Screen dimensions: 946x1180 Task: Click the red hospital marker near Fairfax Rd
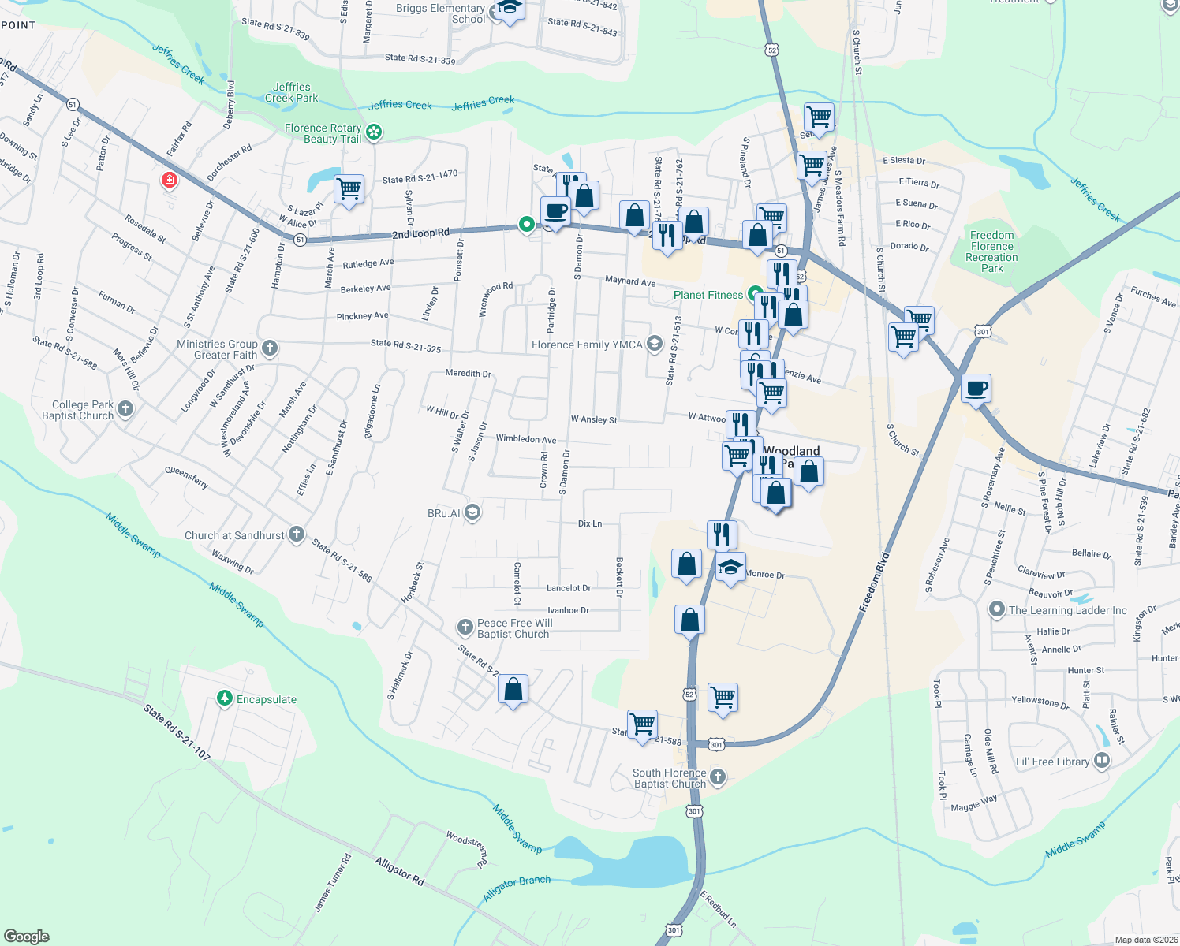(x=169, y=181)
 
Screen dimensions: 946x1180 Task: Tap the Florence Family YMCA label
(x=586, y=345)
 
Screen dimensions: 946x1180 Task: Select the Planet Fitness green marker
(x=756, y=294)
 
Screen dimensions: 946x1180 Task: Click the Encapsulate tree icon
(x=225, y=698)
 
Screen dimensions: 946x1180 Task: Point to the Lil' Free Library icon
(x=1102, y=761)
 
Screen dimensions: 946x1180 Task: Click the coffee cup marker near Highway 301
(x=976, y=389)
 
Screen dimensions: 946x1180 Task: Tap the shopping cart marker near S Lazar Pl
(x=349, y=189)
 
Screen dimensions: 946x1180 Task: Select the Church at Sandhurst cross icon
(x=297, y=534)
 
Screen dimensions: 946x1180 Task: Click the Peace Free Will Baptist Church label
(x=514, y=628)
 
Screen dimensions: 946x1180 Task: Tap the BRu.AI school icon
(x=472, y=512)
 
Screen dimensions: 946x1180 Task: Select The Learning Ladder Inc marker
(x=997, y=609)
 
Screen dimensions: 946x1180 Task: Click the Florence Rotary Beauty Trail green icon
(x=374, y=132)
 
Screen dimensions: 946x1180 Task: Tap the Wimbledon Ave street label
(x=525, y=439)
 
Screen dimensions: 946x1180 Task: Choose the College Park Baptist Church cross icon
(x=125, y=408)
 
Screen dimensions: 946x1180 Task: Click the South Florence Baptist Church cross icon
(x=717, y=777)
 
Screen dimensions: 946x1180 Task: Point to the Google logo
(x=27, y=936)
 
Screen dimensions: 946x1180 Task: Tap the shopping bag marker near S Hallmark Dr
(x=513, y=690)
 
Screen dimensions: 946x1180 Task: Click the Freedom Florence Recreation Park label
(x=991, y=251)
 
